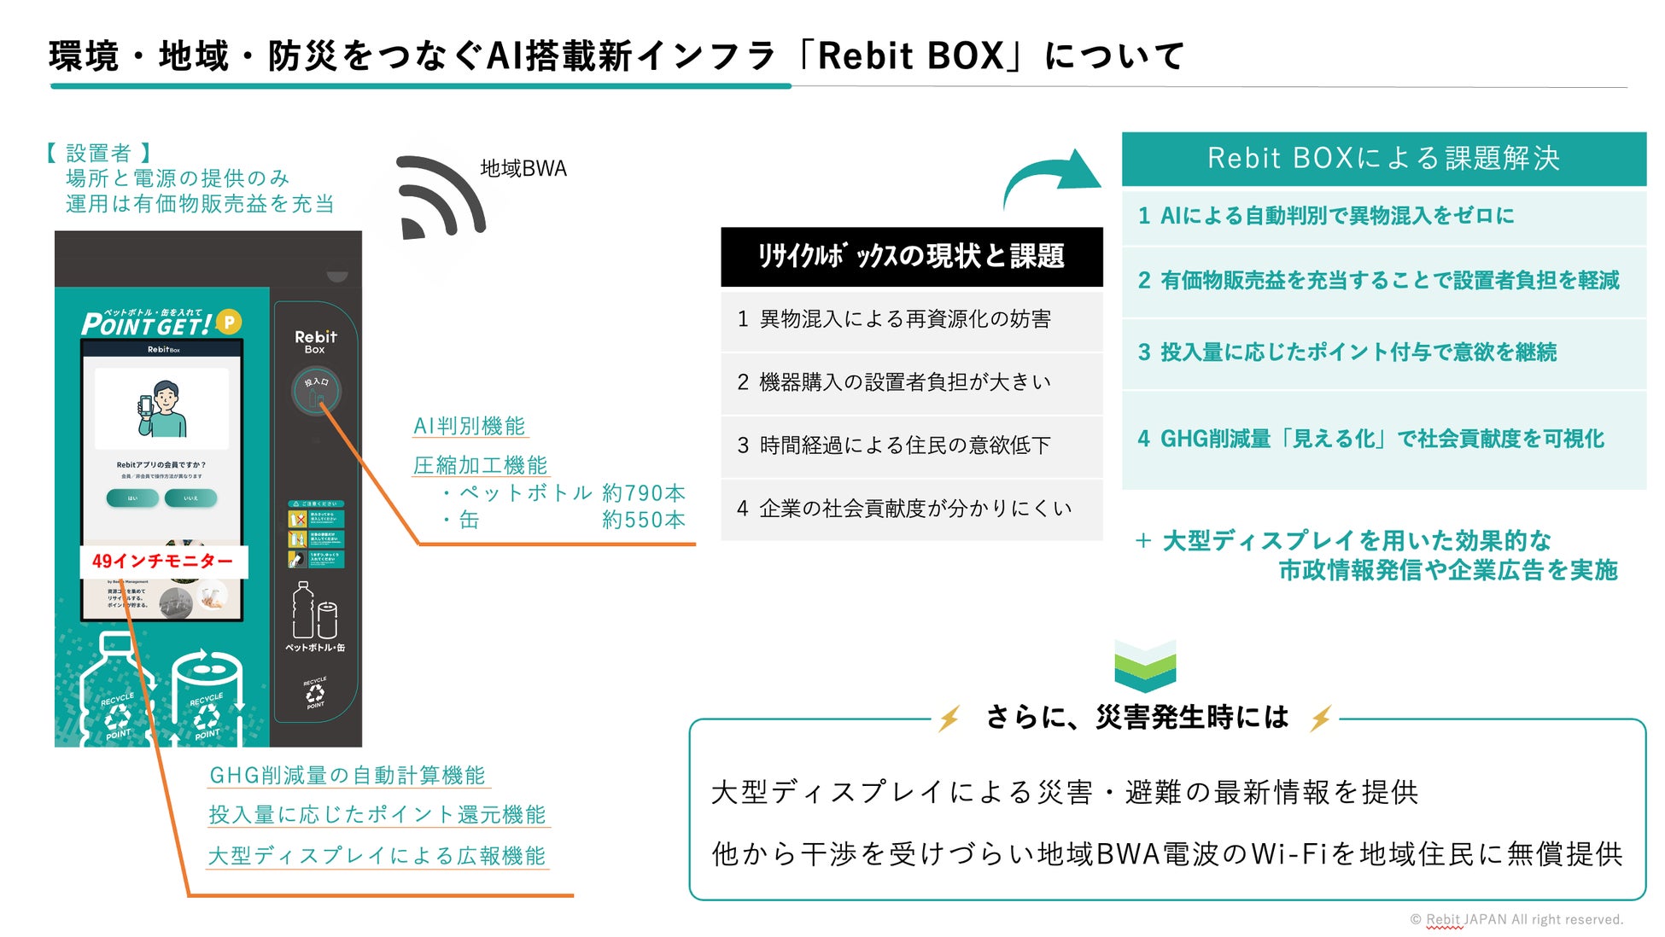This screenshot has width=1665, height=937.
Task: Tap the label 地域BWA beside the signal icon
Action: [523, 169]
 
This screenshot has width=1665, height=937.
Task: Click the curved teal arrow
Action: [1051, 174]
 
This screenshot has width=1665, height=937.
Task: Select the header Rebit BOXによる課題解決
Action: [1382, 159]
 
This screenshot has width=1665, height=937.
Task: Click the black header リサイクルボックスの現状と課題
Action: [911, 256]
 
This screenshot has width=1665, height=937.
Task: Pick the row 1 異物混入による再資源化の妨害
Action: [911, 320]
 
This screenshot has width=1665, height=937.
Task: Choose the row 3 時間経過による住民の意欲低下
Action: [911, 445]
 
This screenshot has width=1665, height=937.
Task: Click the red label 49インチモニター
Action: [163, 561]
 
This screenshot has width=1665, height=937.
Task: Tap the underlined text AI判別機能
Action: [469, 426]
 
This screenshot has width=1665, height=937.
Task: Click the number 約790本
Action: [643, 493]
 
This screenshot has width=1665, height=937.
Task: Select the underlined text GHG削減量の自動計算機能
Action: [348, 775]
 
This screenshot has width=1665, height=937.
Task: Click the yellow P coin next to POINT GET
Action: [229, 322]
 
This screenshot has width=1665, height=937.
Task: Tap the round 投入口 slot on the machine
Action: [316, 390]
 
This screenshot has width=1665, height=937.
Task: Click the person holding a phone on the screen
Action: [161, 410]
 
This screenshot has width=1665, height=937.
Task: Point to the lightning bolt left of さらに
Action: [949, 719]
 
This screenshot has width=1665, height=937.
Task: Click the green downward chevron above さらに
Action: [1145, 666]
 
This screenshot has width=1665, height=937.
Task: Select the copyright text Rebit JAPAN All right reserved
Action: [1516, 919]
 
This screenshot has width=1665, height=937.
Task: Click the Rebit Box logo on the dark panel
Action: [315, 341]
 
